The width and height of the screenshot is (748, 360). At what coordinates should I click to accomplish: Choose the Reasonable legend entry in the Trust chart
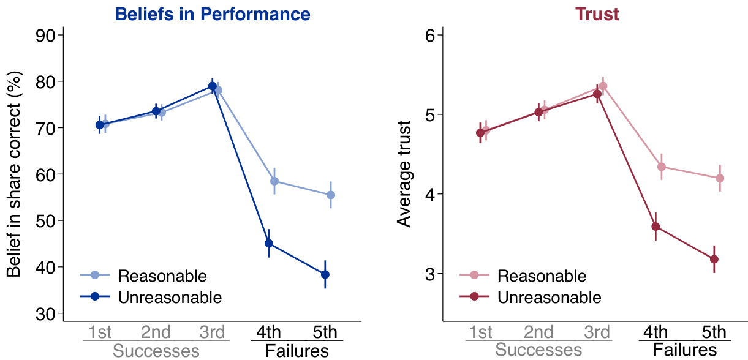click(542, 276)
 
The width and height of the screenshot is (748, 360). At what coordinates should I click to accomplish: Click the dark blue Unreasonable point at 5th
click(325, 274)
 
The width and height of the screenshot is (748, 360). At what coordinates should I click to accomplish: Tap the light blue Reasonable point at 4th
click(274, 181)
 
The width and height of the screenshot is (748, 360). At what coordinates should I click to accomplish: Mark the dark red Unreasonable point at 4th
click(655, 227)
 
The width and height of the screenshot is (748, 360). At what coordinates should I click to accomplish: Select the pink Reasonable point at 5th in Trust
click(720, 178)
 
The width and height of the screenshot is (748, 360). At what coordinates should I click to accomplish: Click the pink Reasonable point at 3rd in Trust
click(603, 86)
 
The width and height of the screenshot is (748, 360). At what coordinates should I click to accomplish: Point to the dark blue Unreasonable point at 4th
click(268, 243)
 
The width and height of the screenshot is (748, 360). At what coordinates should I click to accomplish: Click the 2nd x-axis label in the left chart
click(156, 332)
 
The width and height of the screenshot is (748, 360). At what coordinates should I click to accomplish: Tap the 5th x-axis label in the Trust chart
click(713, 332)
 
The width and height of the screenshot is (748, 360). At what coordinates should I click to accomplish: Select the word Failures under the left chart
click(297, 351)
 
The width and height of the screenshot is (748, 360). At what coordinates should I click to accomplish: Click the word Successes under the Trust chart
click(538, 351)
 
